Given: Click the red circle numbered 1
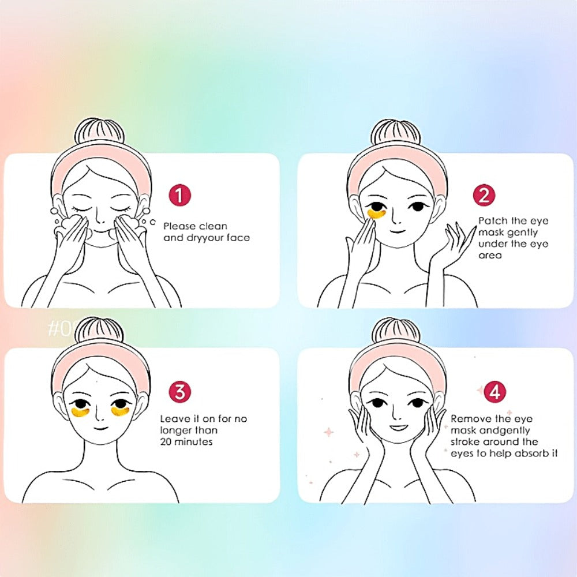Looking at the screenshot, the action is [179, 195].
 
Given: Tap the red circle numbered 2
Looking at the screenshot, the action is [484, 195].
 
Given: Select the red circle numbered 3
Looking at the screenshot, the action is [179, 392].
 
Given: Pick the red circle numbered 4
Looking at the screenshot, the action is [495, 392].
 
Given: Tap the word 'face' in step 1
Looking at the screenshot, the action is [238, 238].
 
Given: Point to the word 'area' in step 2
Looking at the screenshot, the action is [490, 256].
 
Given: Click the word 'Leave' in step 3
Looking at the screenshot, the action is [174, 419].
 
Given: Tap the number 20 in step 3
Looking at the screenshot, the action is [166, 441].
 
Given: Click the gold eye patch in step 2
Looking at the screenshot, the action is [377, 214].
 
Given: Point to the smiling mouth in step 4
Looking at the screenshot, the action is [398, 427].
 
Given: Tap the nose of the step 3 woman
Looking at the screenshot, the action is [99, 416].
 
